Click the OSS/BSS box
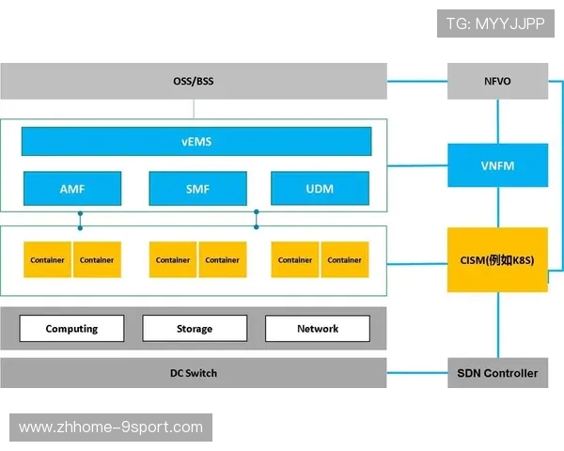pyautogui.click(x=194, y=81)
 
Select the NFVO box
pyautogui.click(x=497, y=81)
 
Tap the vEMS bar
pyautogui.click(x=196, y=142)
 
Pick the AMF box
pyautogui.click(x=72, y=188)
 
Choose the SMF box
pyautogui.click(x=197, y=188)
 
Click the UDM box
pyautogui.click(x=320, y=188)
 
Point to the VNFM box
pyautogui.click(x=497, y=166)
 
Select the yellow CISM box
pyautogui.click(x=497, y=259)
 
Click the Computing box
pyautogui.click(x=71, y=328)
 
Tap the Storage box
pyautogui.click(x=195, y=328)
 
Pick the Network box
pyautogui.click(x=318, y=328)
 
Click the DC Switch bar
pyautogui.click(x=194, y=373)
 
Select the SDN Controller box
pyautogui.click(x=497, y=373)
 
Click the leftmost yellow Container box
pyautogui.click(x=47, y=259)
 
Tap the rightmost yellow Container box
pyautogui.click(x=345, y=259)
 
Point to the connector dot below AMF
pyautogui.click(x=80, y=214)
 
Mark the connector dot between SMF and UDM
pyautogui.click(x=257, y=214)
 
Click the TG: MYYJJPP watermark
pyautogui.click(x=495, y=23)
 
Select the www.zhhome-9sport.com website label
pyautogui.click(x=111, y=427)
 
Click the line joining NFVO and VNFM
pyautogui.click(x=497, y=120)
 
